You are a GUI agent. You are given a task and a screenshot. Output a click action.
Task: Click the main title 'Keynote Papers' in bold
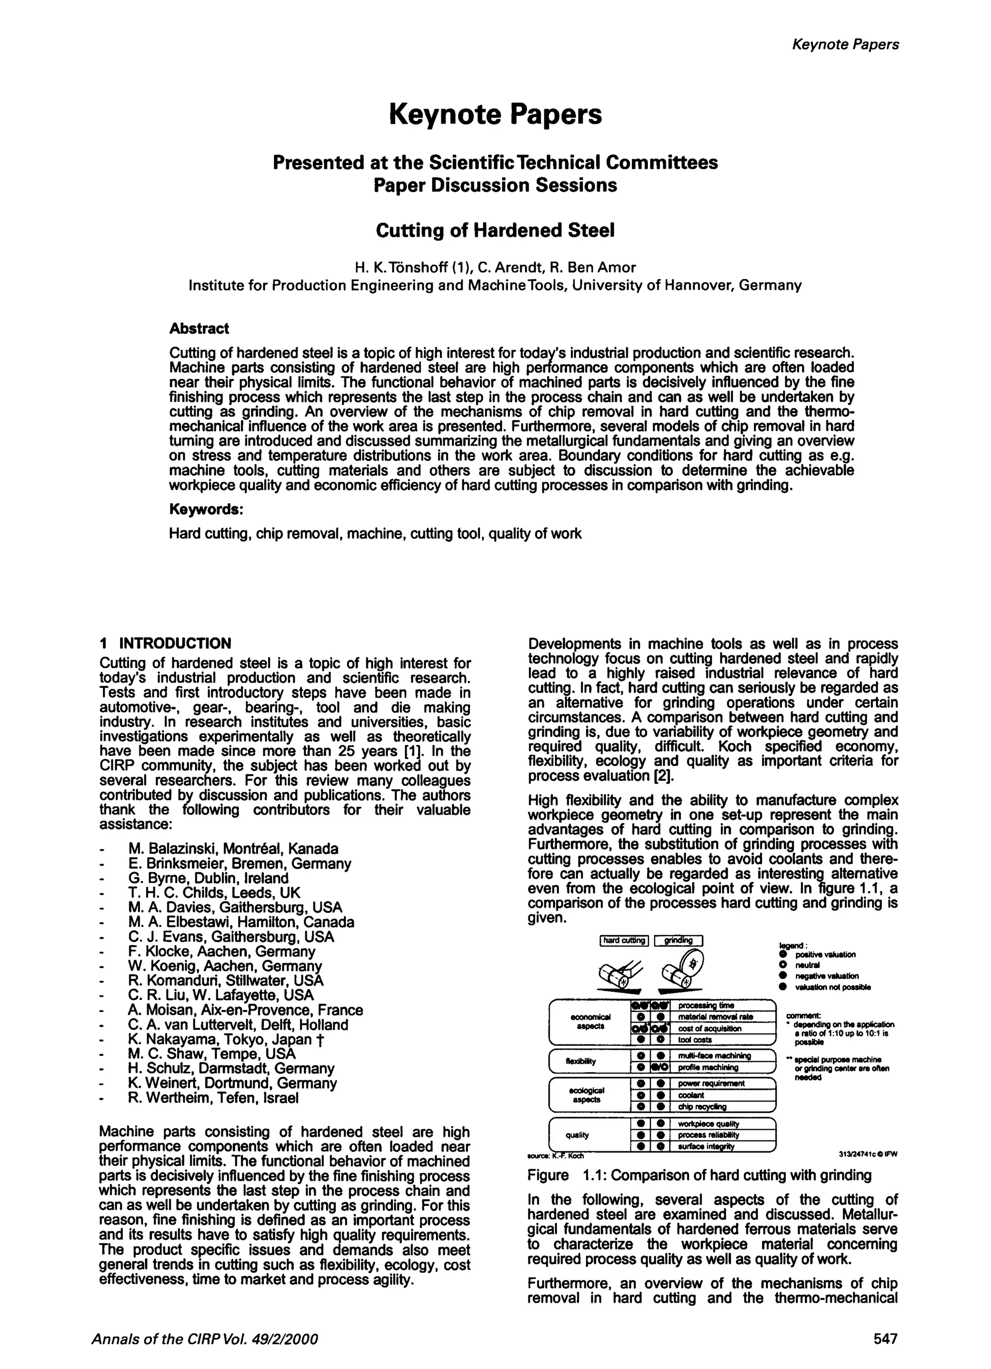pyautogui.click(x=495, y=115)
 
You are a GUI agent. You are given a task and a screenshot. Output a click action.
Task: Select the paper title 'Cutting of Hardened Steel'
pyautogui.click(x=495, y=231)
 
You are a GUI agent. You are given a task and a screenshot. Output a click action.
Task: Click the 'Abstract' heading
pyautogui.click(x=199, y=328)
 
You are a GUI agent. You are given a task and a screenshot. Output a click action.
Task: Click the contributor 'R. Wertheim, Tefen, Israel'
pyautogui.click(x=213, y=1098)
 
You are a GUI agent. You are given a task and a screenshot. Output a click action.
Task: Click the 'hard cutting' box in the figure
pyautogui.click(x=624, y=941)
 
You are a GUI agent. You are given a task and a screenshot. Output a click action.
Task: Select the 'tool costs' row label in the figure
pyautogui.click(x=694, y=1040)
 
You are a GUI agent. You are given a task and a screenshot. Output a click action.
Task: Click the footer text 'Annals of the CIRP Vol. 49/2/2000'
pyautogui.click(x=204, y=1339)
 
